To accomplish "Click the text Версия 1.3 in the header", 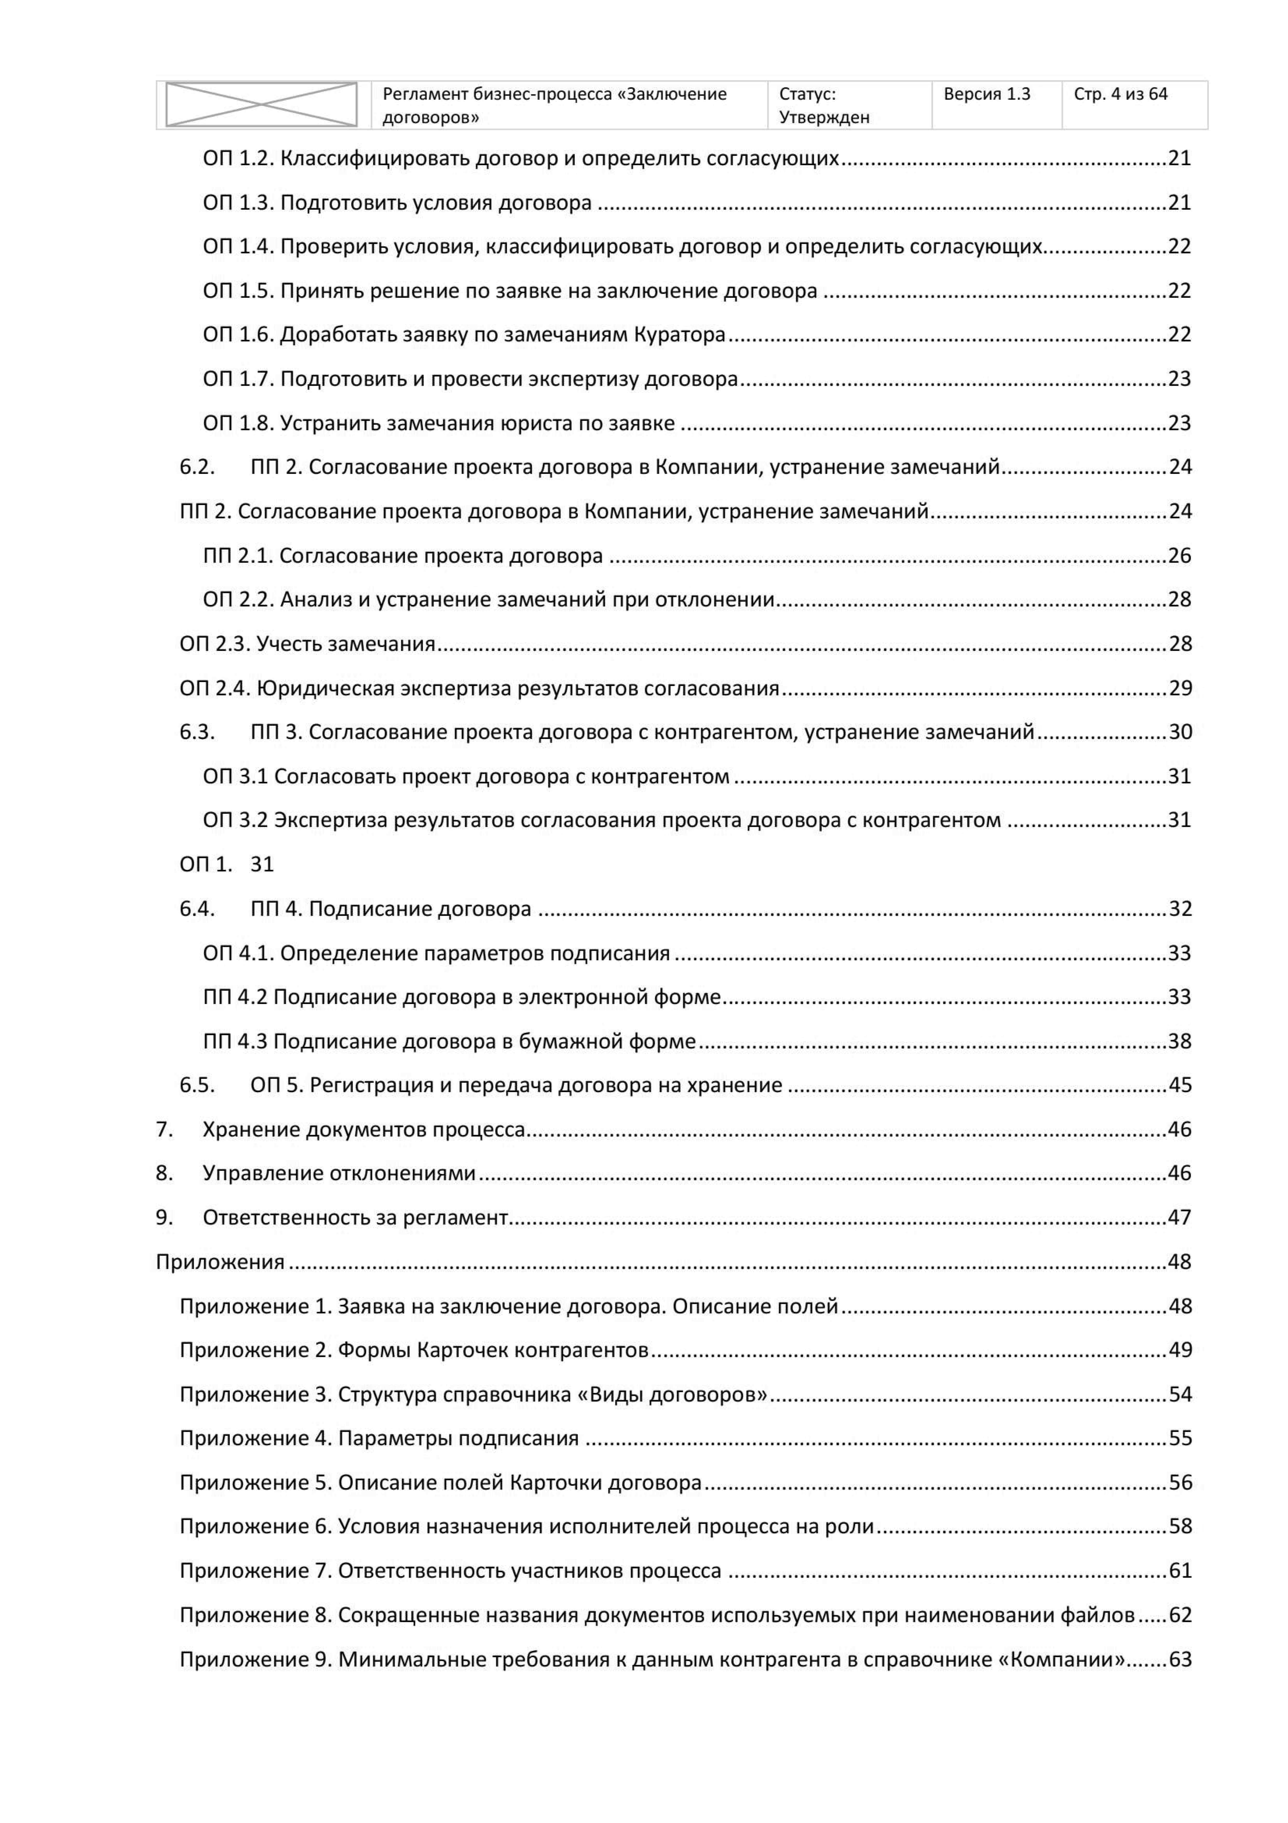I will pos(986,95).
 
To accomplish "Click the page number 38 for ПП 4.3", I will pos(1179,1041).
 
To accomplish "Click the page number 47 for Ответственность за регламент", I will pos(1179,1217).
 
